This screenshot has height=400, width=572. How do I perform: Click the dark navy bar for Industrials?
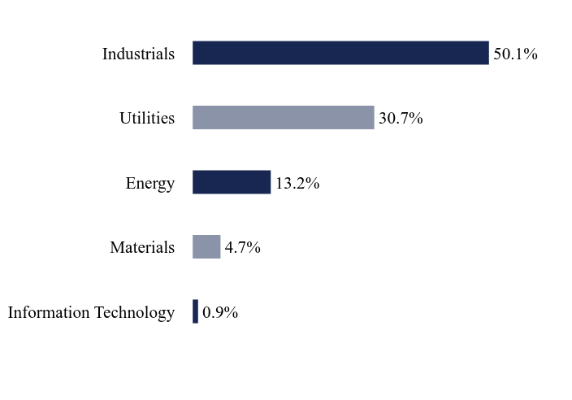point(340,53)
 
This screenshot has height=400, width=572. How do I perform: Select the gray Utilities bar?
point(284,118)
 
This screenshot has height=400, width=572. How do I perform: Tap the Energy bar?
point(232,182)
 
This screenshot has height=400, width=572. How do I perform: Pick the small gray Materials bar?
point(206,246)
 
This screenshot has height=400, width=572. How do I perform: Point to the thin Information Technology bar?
point(196,311)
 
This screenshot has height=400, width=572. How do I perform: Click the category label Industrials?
point(138,54)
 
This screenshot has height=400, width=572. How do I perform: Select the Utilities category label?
point(147,118)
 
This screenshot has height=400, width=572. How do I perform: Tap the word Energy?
point(150,184)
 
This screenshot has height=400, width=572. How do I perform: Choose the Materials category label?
point(142,247)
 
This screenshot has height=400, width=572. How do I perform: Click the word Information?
point(49,312)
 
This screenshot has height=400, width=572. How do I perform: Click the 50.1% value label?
point(515,54)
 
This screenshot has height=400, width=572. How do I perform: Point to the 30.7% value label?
point(401,119)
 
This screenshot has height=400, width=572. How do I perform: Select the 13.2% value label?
point(297,183)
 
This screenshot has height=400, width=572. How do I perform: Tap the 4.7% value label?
point(243,248)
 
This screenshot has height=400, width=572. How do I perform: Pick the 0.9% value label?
point(220,312)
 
